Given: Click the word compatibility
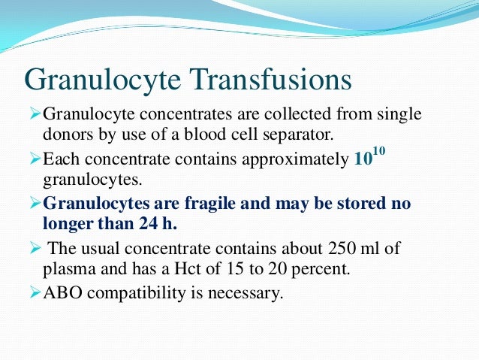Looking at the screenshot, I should [x=137, y=293].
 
